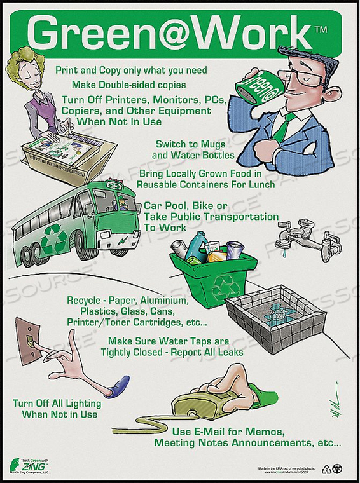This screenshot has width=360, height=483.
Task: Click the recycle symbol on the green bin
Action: click(226, 287)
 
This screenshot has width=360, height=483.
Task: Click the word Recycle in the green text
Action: click(85, 300)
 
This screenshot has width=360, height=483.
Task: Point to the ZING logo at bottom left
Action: click(24, 467)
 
